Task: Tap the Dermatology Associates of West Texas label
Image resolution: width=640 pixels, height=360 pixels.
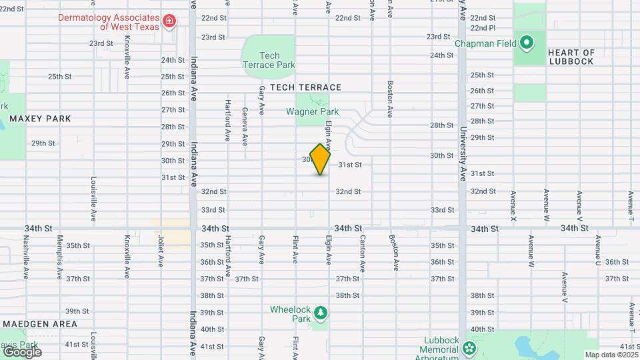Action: (x=109, y=22)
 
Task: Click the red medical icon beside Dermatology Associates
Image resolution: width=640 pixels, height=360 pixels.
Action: (x=169, y=21)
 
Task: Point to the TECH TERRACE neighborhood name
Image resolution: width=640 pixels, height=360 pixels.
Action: (x=301, y=87)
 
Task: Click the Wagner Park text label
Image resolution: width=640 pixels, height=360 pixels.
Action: (x=313, y=112)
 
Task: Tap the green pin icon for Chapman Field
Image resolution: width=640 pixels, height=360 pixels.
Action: (x=526, y=44)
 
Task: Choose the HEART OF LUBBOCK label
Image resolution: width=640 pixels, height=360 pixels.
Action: (x=571, y=57)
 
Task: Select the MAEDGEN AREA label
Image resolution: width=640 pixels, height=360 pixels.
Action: (x=39, y=324)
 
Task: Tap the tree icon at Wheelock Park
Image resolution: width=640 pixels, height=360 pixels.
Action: (x=321, y=312)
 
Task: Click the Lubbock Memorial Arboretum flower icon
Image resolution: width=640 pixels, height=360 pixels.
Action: (x=469, y=347)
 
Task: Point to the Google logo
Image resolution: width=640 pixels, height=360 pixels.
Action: (x=22, y=351)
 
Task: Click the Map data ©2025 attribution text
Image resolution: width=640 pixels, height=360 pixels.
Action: (x=611, y=355)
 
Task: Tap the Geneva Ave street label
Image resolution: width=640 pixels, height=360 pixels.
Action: (x=245, y=127)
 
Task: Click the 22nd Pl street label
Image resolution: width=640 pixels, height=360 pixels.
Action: (x=483, y=28)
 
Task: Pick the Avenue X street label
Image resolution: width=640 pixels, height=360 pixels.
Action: (x=513, y=207)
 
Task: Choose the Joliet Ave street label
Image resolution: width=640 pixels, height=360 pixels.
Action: (x=161, y=251)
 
